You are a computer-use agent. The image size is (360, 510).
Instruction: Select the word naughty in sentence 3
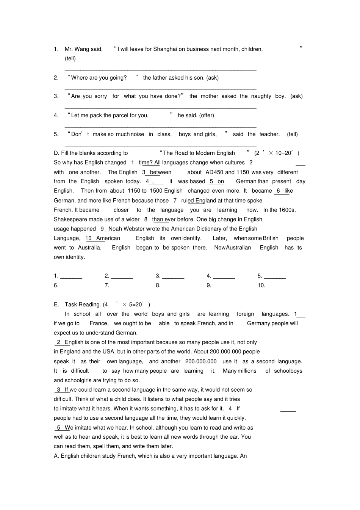tap(261, 96)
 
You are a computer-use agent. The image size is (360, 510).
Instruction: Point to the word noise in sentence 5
tap(137, 134)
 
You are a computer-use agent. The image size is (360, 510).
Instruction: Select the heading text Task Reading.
tap(82, 304)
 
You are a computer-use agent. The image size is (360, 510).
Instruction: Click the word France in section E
tap(99, 323)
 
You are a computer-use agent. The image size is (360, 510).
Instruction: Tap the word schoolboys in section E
tap(288, 371)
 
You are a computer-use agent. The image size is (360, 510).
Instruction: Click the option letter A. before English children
tap(56, 456)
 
